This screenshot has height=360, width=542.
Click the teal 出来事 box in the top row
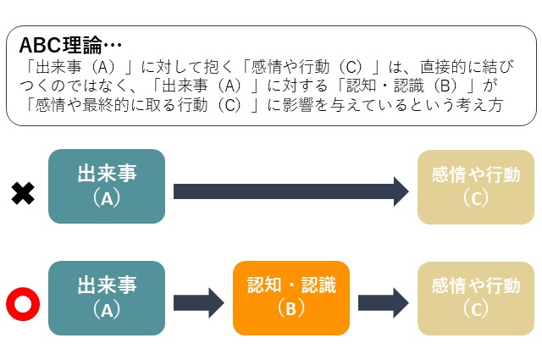[x=107, y=186]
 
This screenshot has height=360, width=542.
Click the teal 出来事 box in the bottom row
[x=107, y=298]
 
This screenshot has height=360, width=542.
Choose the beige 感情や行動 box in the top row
[x=475, y=186]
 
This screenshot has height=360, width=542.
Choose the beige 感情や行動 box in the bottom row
[x=475, y=298]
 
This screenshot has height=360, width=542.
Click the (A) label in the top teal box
[x=107, y=197]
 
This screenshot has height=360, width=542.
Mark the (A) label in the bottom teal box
[x=107, y=309]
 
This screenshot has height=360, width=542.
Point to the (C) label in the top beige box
[x=475, y=197]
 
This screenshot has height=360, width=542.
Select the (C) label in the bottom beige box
[x=475, y=309]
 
